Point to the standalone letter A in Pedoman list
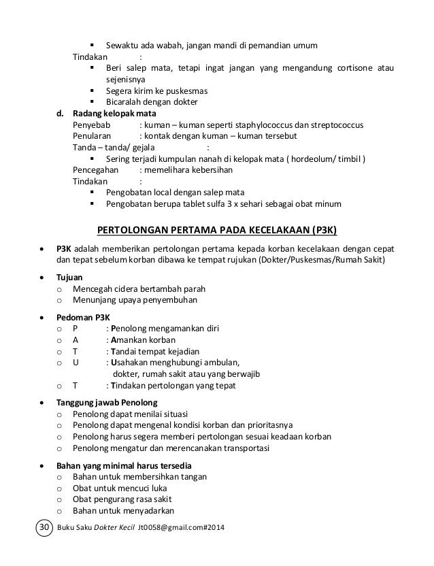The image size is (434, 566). click(x=75, y=340)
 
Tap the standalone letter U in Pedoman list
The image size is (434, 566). click(x=75, y=363)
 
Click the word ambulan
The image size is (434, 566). click(x=222, y=363)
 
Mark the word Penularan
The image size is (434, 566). click(x=91, y=137)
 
